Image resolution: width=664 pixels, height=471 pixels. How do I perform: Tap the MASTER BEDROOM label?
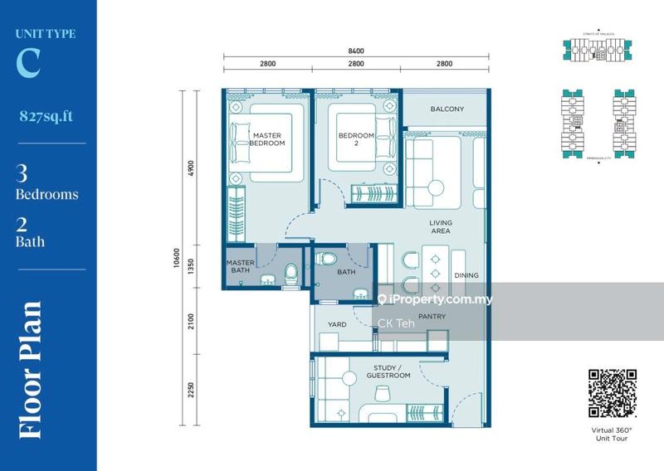[x=267, y=138]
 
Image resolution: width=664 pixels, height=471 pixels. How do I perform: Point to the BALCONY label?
[x=447, y=109]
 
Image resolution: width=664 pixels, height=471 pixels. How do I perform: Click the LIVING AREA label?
[x=439, y=226]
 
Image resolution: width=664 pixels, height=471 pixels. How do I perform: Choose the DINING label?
[x=466, y=275]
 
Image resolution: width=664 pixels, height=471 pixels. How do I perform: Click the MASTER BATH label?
[x=240, y=267]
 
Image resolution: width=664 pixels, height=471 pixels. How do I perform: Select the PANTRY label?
[x=432, y=317]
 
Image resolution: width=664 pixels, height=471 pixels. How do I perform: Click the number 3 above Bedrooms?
[x=22, y=174]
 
